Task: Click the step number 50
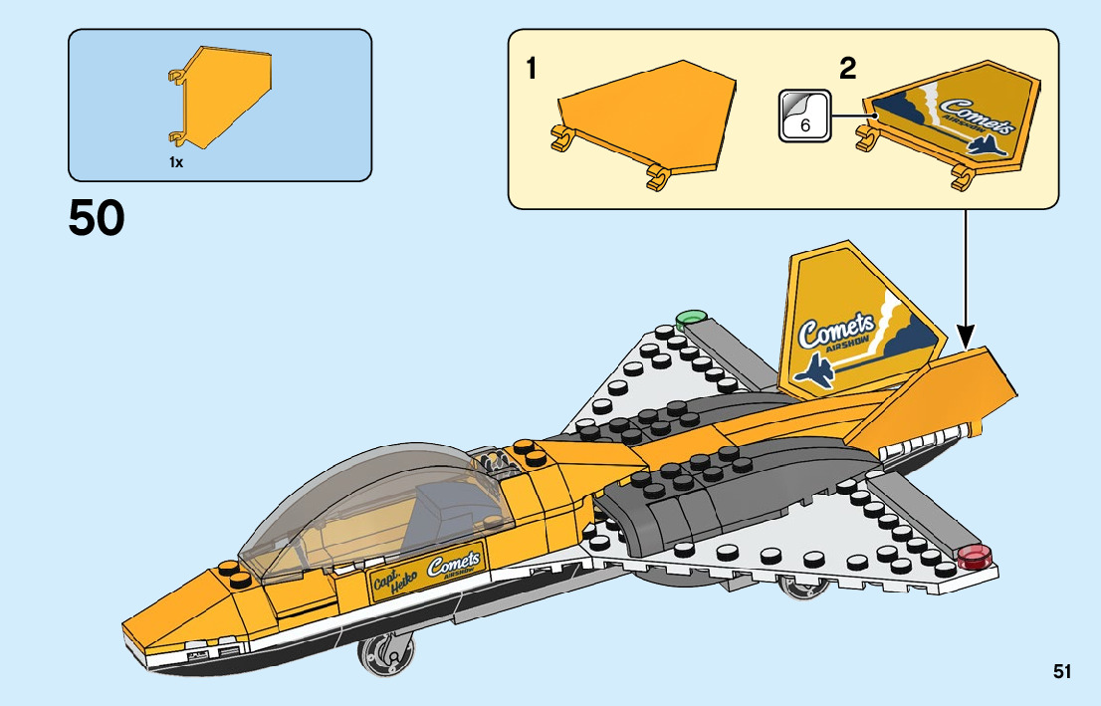pos(97,219)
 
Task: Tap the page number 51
pos(1062,671)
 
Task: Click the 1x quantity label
pos(176,162)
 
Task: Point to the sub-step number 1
pos(532,69)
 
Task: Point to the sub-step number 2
pos(847,69)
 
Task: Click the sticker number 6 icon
pos(804,116)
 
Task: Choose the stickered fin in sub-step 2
pos(950,123)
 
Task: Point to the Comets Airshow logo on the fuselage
pos(453,565)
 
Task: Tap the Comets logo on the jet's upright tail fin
pos(836,330)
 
